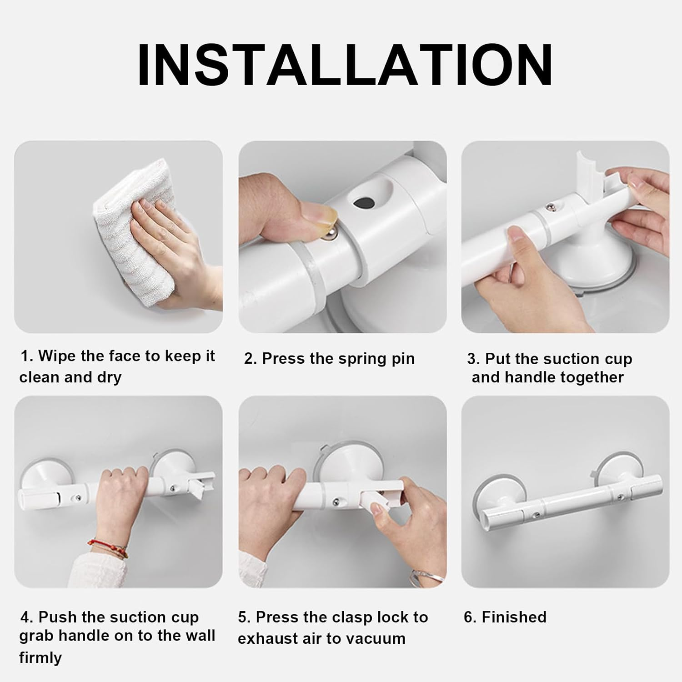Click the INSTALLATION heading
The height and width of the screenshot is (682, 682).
(345, 65)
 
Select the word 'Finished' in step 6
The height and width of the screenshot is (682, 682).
(514, 617)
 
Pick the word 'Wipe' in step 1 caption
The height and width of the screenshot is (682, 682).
(57, 356)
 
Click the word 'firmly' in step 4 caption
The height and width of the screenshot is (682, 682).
(40, 657)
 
